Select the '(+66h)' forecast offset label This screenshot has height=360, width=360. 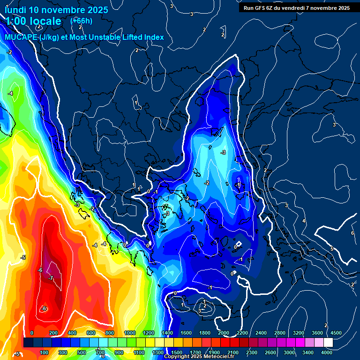pos(81,21)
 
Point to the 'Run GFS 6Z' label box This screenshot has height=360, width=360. pos(296,7)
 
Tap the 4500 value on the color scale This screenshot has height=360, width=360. pos(336,333)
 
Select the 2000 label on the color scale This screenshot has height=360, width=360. pos(224,333)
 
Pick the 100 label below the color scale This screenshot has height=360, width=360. pos(44,352)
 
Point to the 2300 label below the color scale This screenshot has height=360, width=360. pos(252,352)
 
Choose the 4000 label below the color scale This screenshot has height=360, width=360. pos(327,352)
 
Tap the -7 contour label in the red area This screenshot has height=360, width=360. pos(50,278)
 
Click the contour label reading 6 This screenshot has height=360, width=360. pos(352,233)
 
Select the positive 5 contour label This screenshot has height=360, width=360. pos(331,249)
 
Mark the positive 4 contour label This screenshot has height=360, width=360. pos(304,221)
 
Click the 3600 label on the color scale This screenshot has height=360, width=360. pos(317,333)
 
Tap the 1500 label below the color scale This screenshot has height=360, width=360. pos(177,352)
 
